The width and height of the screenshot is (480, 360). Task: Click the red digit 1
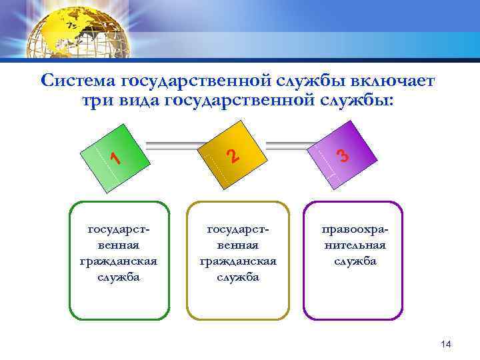115,158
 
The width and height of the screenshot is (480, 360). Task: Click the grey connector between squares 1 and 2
175,143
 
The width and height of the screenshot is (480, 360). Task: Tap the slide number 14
446,344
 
